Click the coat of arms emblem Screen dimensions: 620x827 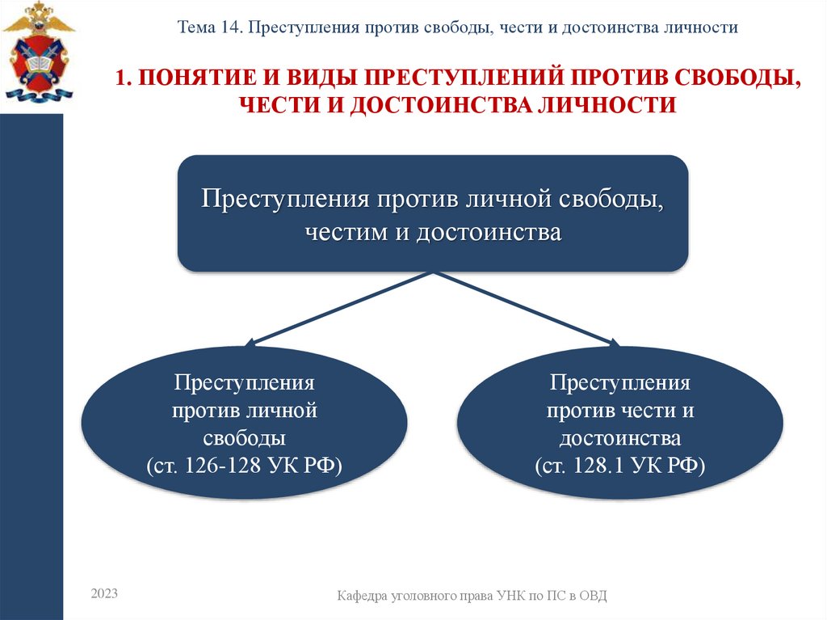[37, 52]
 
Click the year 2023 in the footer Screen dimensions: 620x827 [104, 593]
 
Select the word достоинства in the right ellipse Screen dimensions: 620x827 [620, 438]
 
